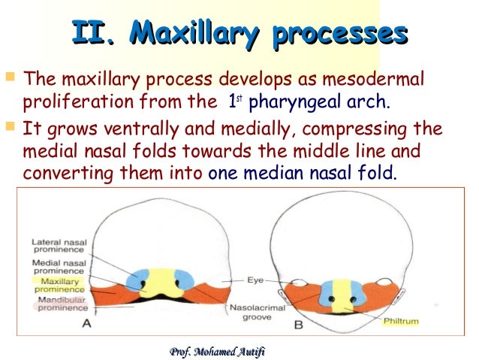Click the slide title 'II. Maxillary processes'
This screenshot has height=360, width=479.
[239, 34]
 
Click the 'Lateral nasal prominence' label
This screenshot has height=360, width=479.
[58, 247]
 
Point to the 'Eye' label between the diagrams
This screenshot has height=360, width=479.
[255, 280]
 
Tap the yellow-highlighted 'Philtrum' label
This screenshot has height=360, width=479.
[400, 321]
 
